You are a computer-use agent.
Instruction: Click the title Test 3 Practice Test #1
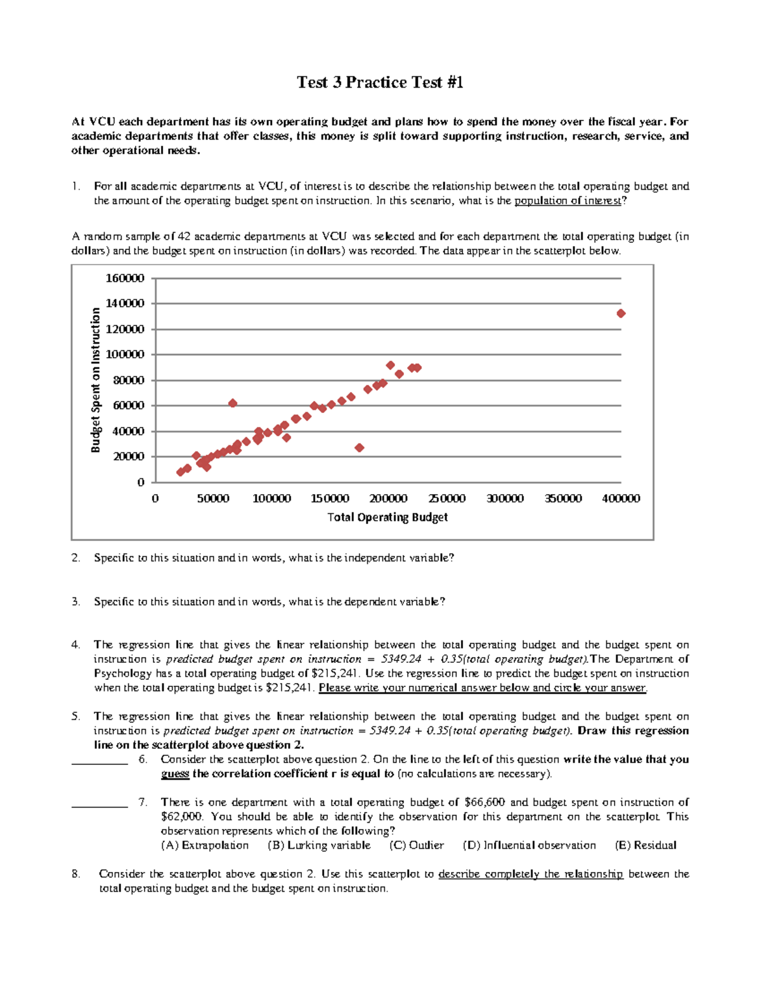pyautogui.click(x=380, y=82)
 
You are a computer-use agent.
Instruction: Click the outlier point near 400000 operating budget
pyautogui.click(x=621, y=313)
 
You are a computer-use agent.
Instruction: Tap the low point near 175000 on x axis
pyautogui.click(x=360, y=448)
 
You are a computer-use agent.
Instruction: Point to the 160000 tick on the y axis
pyautogui.click(x=125, y=278)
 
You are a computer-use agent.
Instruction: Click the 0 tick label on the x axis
pyautogui.click(x=155, y=499)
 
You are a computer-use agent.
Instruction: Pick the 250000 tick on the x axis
pyautogui.click(x=447, y=499)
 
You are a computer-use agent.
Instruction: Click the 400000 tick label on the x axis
pyautogui.click(x=621, y=499)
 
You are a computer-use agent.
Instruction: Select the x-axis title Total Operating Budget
pyautogui.click(x=387, y=518)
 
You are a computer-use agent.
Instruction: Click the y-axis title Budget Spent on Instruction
pyautogui.click(x=96, y=380)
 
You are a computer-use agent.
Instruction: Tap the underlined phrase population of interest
pyautogui.click(x=568, y=201)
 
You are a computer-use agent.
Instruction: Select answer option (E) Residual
pyautogui.click(x=646, y=845)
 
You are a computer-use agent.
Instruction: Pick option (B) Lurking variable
pyautogui.click(x=319, y=845)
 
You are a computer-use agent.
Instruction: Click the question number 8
pyautogui.click(x=76, y=874)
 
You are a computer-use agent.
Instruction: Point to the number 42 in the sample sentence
pyautogui.click(x=184, y=237)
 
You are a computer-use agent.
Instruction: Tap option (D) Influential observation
pyautogui.click(x=530, y=845)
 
